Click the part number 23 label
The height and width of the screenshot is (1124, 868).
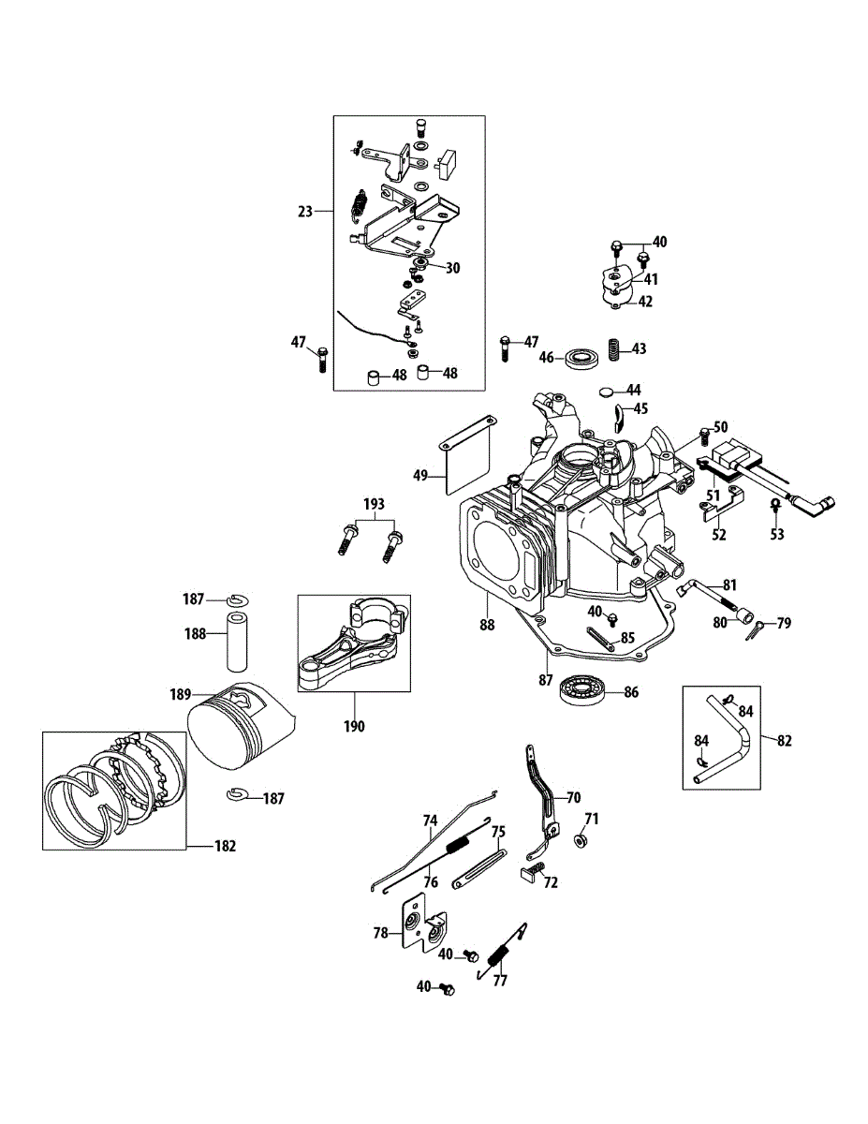[x=304, y=212]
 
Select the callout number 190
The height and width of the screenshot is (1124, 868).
[x=355, y=726]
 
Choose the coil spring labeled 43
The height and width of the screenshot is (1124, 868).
[x=615, y=349]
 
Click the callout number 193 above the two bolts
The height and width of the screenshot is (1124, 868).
[x=373, y=505]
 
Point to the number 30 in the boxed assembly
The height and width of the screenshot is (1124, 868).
[x=452, y=268]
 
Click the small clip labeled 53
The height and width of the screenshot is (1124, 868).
[x=775, y=505]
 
